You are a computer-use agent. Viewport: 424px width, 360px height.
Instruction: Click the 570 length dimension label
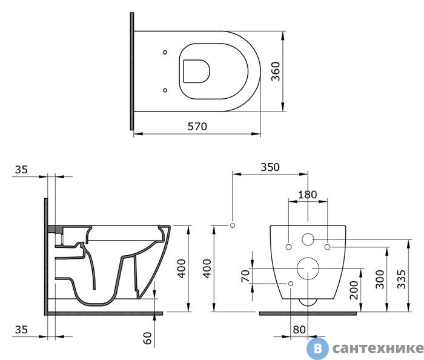[197, 126]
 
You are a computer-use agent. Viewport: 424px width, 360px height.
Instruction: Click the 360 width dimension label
[276, 72]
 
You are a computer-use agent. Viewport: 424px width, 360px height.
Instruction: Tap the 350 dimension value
[270, 167]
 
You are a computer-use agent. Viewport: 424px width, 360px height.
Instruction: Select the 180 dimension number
[308, 195]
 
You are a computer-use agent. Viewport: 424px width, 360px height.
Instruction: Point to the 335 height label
[402, 279]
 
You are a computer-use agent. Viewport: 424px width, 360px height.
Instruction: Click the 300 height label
[380, 279]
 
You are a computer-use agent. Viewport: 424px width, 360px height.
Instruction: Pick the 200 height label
[354, 290]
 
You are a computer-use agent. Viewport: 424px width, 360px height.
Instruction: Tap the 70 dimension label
[245, 276]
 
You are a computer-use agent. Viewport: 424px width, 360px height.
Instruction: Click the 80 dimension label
[299, 330]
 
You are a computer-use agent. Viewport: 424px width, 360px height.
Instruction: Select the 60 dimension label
[148, 338]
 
